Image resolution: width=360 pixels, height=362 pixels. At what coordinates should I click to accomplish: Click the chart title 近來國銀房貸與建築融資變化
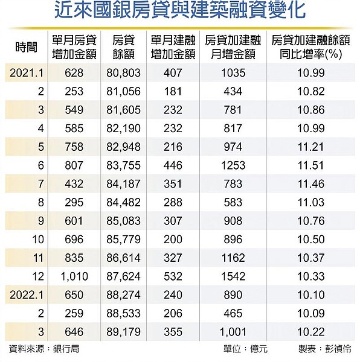click(x=179, y=13)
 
